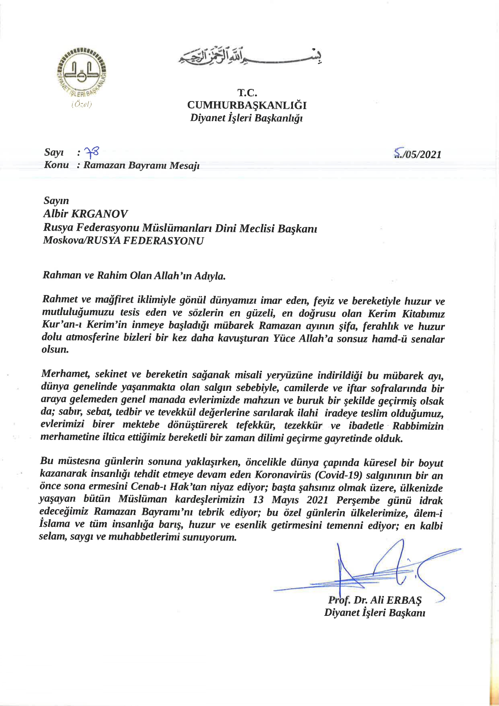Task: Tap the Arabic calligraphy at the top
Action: [250, 57]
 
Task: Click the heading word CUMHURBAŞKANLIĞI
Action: [247, 105]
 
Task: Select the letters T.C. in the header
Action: [247, 93]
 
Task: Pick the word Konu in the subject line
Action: [56, 165]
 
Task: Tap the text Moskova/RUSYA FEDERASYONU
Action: [123, 241]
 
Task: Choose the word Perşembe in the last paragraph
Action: [359, 500]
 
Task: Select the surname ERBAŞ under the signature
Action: [404, 600]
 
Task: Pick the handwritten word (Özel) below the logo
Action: [82, 105]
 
